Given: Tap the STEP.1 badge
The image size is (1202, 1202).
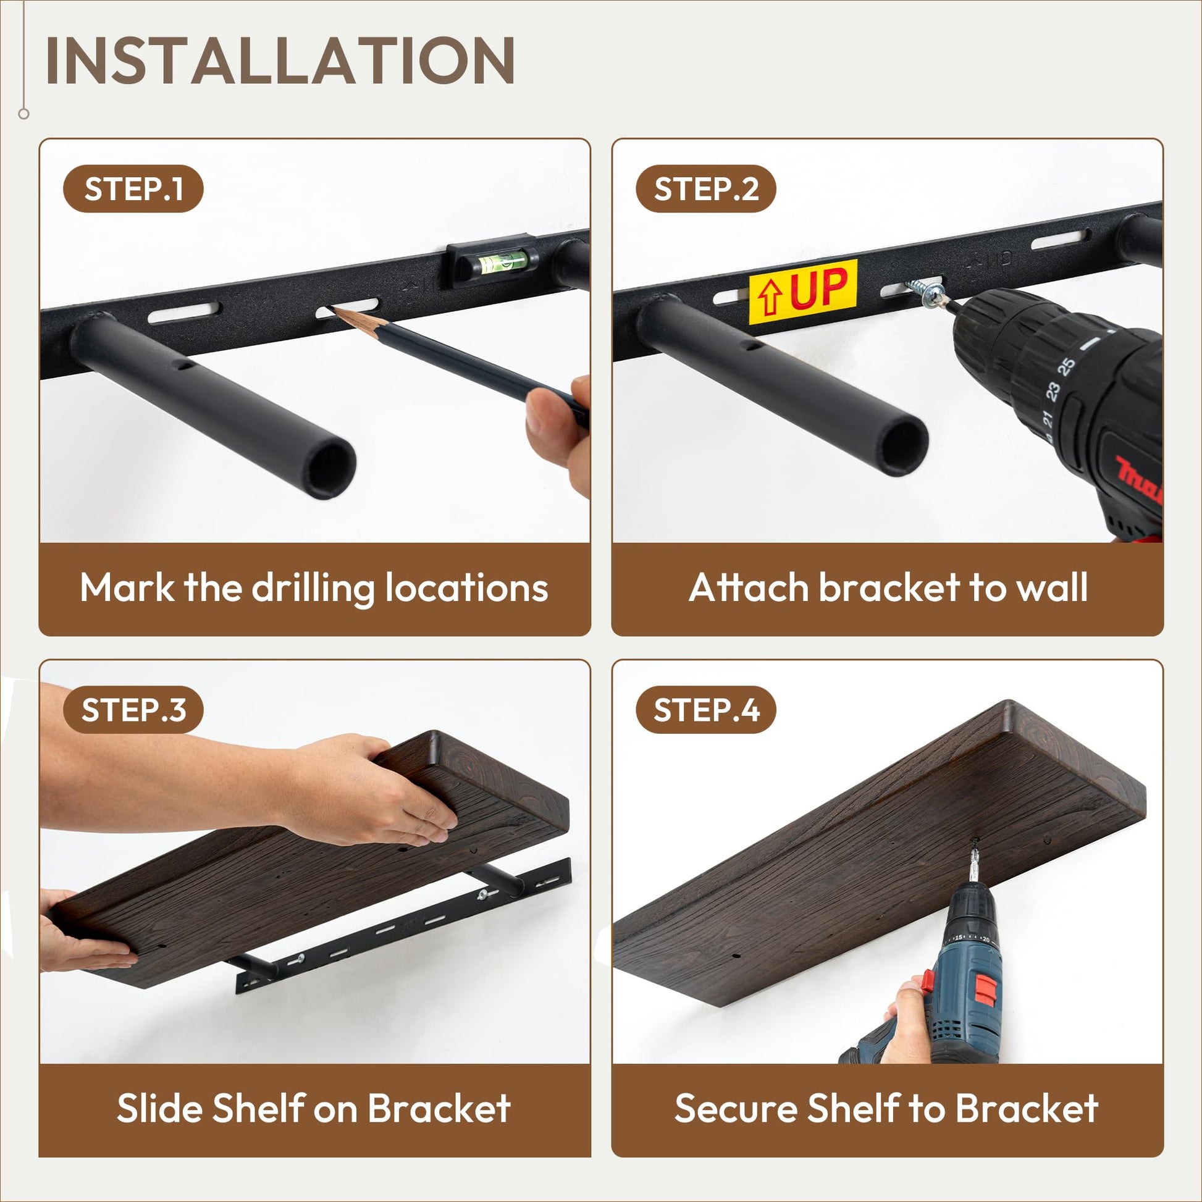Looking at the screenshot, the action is pyautogui.click(x=133, y=188).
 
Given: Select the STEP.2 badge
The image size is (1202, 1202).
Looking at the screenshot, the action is pyautogui.click(x=705, y=188).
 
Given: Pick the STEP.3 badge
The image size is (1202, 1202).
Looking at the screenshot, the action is pyautogui.click(x=133, y=710).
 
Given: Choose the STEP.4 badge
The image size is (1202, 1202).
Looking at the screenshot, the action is pyautogui.click(x=705, y=710).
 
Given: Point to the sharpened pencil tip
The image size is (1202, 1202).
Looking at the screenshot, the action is pyautogui.click(x=334, y=309).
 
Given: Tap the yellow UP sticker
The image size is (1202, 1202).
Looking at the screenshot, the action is pyautogui.click(x=802, y=291).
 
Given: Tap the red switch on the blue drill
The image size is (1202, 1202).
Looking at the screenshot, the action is pyautogui.click(x=986, y=991).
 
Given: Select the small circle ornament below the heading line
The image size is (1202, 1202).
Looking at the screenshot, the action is pyautogui.click(x=24, y=114).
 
